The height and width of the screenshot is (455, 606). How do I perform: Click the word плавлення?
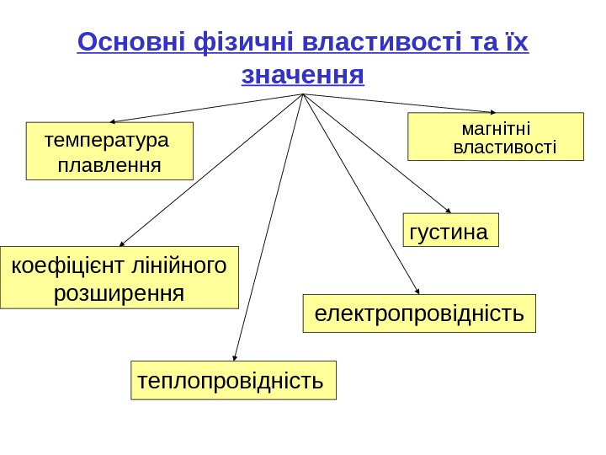109,160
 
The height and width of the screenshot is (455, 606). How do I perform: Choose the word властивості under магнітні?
505,148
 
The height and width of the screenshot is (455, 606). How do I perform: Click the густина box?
452,230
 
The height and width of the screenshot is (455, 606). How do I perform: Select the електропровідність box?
419,313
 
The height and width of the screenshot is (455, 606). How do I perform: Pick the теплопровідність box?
233,380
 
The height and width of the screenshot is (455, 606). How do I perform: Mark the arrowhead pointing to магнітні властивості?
492,111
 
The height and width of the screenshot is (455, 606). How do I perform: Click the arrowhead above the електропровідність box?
417,290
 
